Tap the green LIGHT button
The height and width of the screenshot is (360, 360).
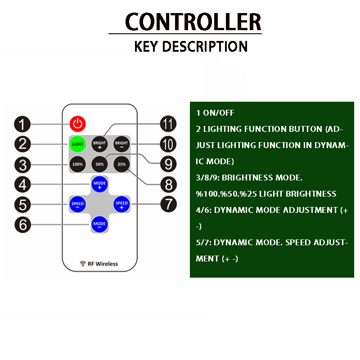[x=77, y=144]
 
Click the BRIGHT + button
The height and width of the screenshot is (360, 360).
[x=99, y=144]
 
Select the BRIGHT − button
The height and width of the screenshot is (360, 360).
[x=121, y=144]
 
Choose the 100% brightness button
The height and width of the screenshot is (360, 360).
[x=77, y=164]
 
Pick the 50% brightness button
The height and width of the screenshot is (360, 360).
[x=99, y=164]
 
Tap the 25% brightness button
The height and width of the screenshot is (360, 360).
[x=121, y=164]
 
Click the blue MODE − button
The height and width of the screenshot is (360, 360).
[x=99, y=224]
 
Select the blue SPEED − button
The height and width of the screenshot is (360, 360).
[x=77, y=204]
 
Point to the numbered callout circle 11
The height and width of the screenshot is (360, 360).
[x=168, y=124]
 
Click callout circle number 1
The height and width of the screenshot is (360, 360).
[x=22, y=124]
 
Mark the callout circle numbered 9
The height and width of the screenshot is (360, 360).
[x=168, y=164]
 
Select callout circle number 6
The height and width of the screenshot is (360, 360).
[x=22, y=225]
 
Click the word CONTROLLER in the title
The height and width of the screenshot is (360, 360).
[x=193, y=22]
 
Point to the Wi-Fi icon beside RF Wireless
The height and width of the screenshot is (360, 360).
[x=83, y=264]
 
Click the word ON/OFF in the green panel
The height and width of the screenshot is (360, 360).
[x=219, y=113]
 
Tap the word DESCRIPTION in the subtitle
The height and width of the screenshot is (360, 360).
[x=205, y=46]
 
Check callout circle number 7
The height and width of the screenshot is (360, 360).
[x=168, y=204]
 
